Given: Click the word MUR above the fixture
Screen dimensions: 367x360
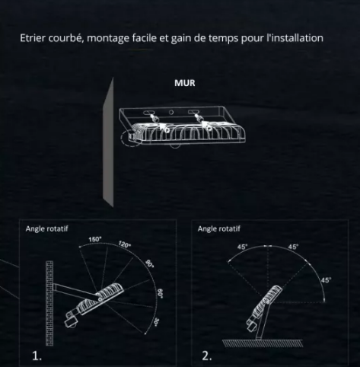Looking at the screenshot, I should pyautogui.click(x=184, y=83).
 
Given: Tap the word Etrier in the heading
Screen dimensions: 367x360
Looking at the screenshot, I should pyautogui.click(x=33, y=38).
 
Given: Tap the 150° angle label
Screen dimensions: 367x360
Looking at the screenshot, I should pyautogui.click(x=95, y=240).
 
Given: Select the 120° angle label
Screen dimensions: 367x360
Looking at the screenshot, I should pyautogui.click(x=124, y=245).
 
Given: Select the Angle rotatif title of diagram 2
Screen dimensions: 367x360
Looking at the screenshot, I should pyautogui.click(x=218, y=228).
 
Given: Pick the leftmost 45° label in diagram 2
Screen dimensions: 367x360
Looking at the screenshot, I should pyautogui.click(x=242, y=247).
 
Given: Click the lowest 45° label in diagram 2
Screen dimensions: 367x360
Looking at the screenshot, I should pyautogui.click(x=326, y=280).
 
